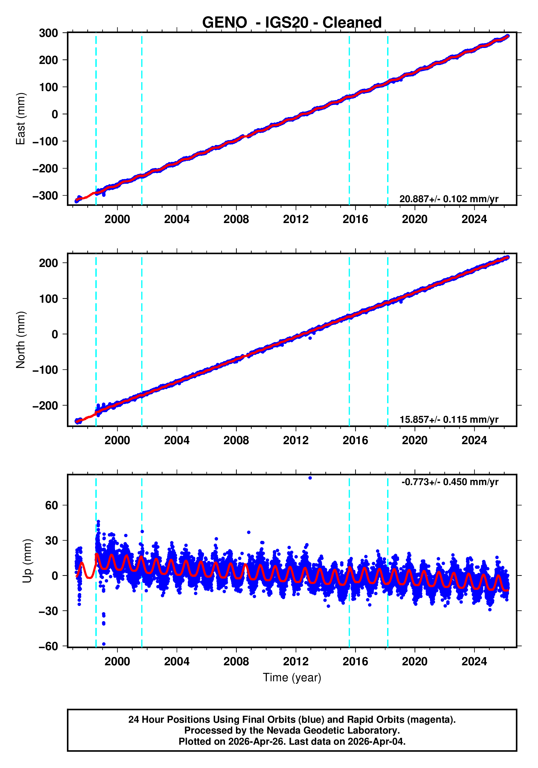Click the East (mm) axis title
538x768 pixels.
pyautogui.click(x=21, y=119)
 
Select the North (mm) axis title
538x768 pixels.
pyautogui.click(x=21, y=340)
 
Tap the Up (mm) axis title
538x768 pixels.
pyautogui.click(x=27, y=561)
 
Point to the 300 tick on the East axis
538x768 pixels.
pyautogui.click(x=48, y=33)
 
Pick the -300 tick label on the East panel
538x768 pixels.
pyautogui.click(x=45, y=196)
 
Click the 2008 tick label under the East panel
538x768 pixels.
pyautogui.click(x=236, y=220)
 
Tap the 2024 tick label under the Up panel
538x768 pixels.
pyautogui.click(x=474, y=661)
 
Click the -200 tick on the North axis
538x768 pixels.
pyautogui.click(x=45, y=406)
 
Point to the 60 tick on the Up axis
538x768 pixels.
pyautogui.click(x=51, y=505)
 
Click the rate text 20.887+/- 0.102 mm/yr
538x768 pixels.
pyautogui.click(x=449, y=199)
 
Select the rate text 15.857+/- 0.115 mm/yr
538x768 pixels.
pyautogui.click(x=449, y=420)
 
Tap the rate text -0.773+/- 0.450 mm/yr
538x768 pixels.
pyautogui.click(x=450, y=482)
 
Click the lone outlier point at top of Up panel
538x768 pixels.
pyautogui.click(x=310, y=478)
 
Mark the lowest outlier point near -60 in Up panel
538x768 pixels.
pyautogui.click(x=104, y=644)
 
